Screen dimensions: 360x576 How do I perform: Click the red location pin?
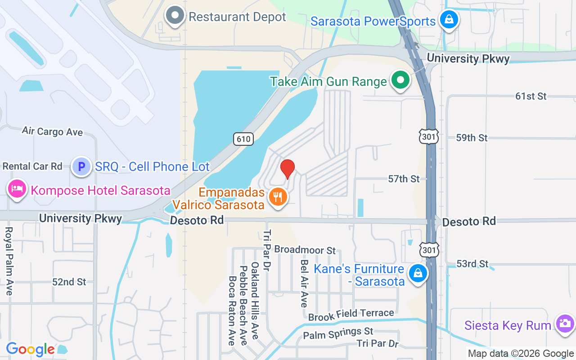point(288,169)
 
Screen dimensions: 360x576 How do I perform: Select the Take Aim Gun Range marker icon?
point(400,81)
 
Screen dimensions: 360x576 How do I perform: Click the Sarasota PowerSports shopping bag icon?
point(449,20)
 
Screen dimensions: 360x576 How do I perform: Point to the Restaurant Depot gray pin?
point(175,16)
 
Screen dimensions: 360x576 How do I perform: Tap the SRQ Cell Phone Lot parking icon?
point(81,166)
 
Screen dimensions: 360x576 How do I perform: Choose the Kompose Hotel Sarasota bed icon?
point(17,189)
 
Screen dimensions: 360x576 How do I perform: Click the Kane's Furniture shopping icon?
point(418,273)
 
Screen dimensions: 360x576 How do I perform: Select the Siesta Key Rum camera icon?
point(564,324)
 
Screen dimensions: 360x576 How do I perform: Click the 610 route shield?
point(243,139)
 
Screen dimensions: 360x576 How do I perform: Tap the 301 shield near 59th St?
point(428,137)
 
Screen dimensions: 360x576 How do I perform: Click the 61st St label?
point(531,96)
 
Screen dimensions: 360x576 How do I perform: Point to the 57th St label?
point(404,179)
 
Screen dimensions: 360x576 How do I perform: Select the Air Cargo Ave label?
point(52,131)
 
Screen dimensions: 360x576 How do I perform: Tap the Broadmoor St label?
point(305,250)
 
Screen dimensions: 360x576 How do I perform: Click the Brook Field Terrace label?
point(351,314)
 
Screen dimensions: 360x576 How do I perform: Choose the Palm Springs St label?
point(338,333)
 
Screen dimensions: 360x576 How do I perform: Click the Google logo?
point(31,349)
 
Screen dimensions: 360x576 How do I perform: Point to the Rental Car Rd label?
point(32,166)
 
